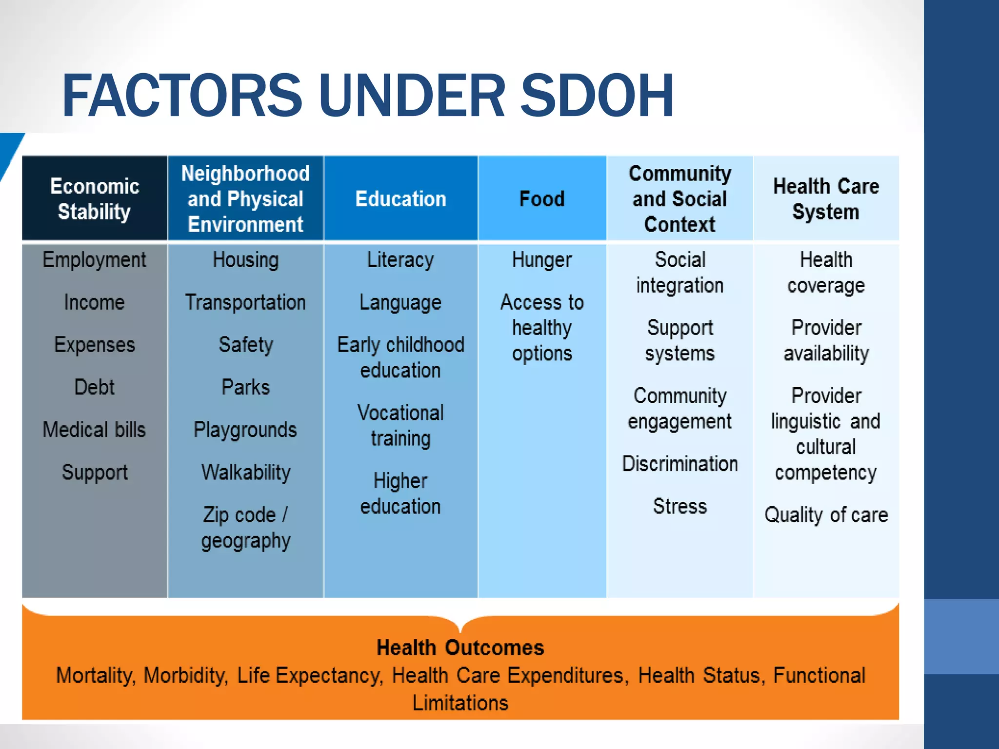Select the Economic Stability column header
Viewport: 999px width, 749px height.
click(95, 199)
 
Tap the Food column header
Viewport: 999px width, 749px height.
click(542, 199)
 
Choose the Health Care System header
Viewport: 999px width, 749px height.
click(826, 199)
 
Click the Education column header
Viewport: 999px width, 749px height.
click(400, 199)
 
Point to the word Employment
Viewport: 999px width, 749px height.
click(94, 260)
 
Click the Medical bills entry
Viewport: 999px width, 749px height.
click(94, 430)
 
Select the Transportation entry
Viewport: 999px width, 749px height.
click(245, 302)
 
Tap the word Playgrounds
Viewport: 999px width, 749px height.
click(245, 430)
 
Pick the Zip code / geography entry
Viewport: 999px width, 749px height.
click(245, 528)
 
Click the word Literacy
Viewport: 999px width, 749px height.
click(400, 260)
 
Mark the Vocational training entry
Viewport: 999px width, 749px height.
click(400, 425)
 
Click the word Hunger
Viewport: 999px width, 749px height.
click(542, 260)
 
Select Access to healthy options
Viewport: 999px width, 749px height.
click(542, 328)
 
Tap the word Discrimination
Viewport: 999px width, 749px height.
click(679, 464)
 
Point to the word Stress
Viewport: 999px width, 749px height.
click(679, 506)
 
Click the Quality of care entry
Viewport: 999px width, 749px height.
click(826, 515)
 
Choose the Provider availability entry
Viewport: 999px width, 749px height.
click(826, 340)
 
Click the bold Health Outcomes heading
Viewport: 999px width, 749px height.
click(460, 648)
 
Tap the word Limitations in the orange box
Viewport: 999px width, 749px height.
click(460, 703)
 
